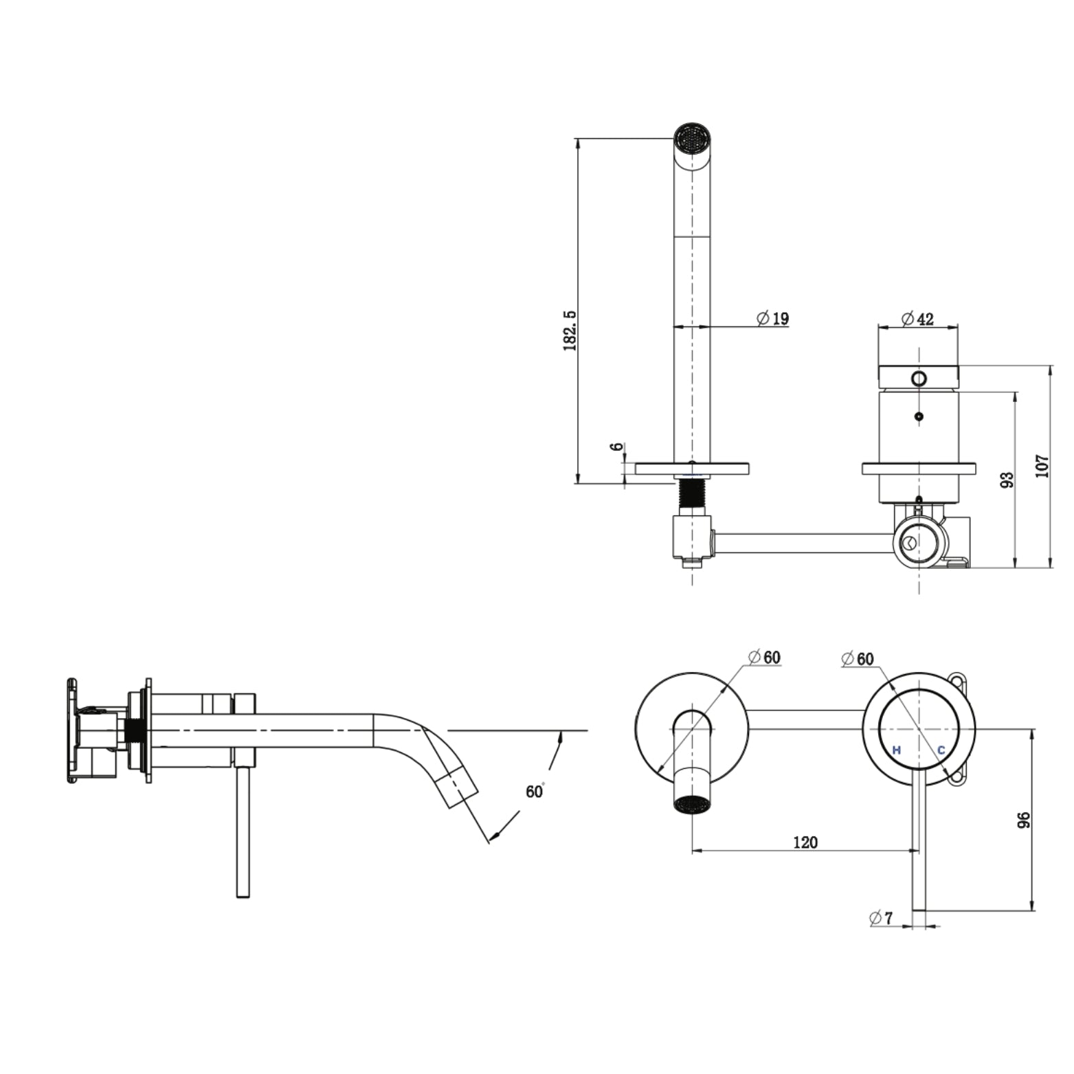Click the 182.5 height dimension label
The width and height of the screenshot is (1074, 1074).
point(570,330)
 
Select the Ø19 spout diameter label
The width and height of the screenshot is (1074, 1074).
point(773,319)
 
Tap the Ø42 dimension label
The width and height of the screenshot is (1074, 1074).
point(917,319)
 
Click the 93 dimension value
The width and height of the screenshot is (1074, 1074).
point(1007,480)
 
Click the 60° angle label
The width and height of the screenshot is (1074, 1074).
point(535,791)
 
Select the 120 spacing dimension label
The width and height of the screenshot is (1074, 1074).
point(805,842)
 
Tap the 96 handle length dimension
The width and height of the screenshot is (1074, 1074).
point(1024,820)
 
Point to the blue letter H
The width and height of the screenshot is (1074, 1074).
point(896,750)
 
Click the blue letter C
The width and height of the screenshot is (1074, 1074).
point(941,750)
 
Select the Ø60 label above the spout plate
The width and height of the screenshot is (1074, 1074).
point(765,657)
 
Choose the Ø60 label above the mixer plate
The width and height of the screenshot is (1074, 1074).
point(858,659)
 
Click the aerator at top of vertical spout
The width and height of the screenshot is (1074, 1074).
point(691,134)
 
